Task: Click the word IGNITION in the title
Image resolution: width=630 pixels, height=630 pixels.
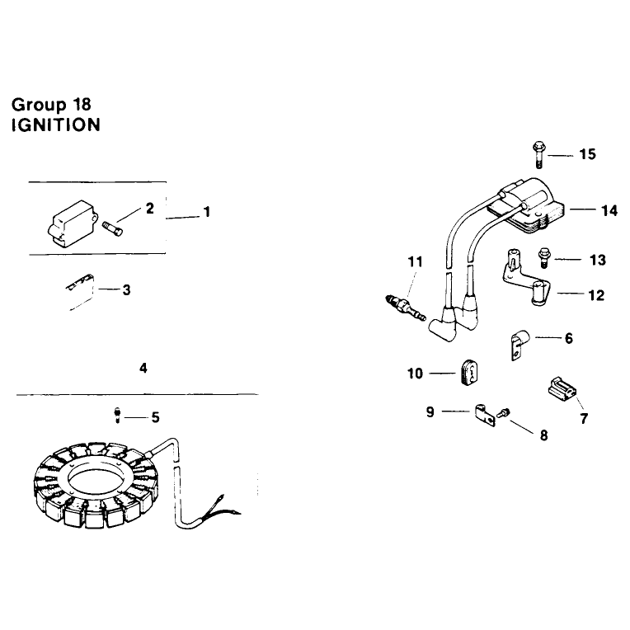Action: click(x=56, y=125)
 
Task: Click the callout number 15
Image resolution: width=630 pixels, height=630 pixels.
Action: click(x=587, y=154)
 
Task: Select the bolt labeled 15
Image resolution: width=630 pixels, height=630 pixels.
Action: click(x=538, y=155)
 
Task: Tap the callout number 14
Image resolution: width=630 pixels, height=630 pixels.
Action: click(x=609, y=210)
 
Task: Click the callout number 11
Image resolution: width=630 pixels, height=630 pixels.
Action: click(x=415, y=262)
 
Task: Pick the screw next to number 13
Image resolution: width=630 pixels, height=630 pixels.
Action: click(x=544, y=257)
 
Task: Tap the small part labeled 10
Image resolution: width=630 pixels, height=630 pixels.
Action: click(x=468, y=374)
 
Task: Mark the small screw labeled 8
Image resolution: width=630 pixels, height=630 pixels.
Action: click(x=504, y=412)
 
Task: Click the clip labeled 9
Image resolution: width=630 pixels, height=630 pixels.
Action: click(x=485, y=416)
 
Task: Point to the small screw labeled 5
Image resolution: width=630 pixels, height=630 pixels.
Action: click(x=117, y=415)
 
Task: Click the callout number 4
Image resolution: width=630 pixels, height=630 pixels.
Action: click(x=143, y=368)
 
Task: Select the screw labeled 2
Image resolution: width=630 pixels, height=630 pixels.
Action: click(x=112, y=229)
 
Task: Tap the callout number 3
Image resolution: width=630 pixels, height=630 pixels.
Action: click(x=126, y=289)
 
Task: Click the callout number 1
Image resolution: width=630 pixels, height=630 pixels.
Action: click(x=207, y=212)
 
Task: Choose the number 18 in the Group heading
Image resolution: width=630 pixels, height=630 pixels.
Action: click(x=82, y=105)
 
